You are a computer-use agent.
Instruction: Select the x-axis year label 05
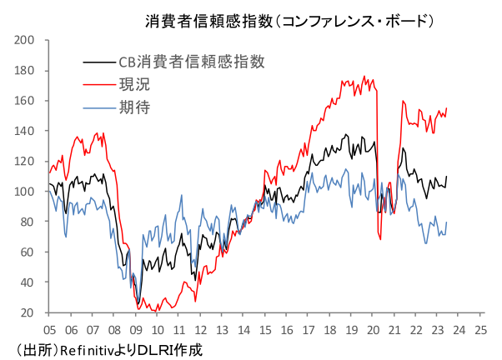click(x=49, y=329)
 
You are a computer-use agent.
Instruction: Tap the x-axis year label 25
click(x=480, y=329)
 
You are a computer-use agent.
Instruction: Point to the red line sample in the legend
click(x=98, y=84)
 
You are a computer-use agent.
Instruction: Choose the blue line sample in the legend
click(x=98, y=107)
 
